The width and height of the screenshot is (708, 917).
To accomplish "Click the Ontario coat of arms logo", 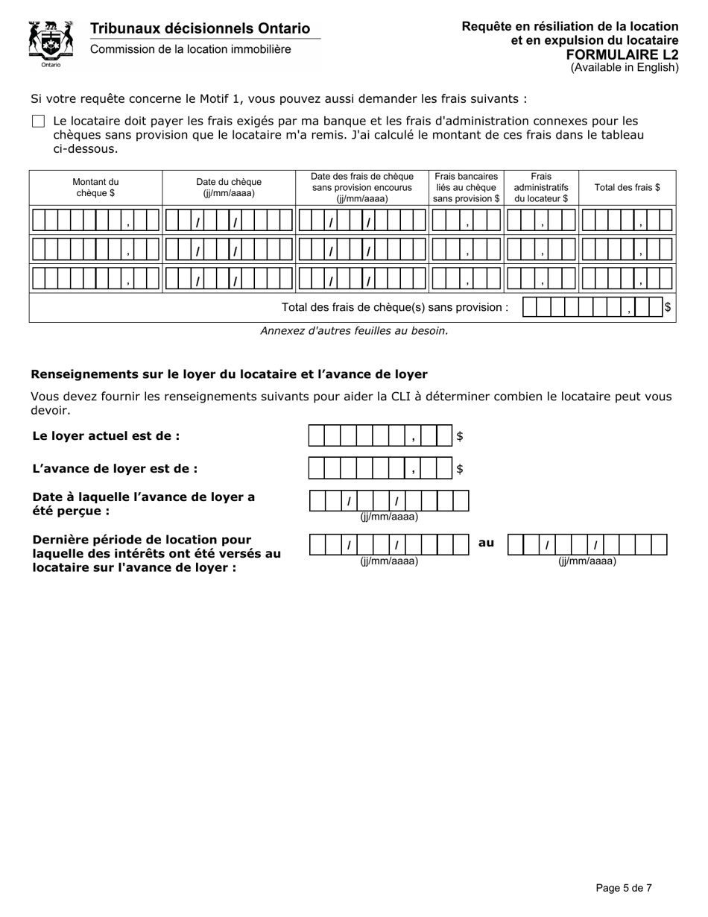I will coord(51,42).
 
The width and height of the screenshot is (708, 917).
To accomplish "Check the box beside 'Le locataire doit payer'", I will coord(39,122).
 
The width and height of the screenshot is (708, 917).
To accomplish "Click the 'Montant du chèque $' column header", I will coord(95,187).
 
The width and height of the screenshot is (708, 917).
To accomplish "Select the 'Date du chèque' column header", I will coord(229,187).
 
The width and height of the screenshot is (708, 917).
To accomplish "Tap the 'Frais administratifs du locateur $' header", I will coord(541,187).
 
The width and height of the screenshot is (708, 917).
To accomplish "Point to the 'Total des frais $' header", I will coord(627,187).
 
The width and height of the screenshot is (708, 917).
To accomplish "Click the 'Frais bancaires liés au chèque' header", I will coord(467,187).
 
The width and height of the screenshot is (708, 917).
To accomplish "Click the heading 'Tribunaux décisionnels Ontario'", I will coord(200,28).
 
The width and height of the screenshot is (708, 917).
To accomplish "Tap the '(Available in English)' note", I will coord(625,68).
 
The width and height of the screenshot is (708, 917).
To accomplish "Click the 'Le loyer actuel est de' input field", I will coord(380,435).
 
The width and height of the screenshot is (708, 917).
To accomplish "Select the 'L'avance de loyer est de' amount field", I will coord(380,468).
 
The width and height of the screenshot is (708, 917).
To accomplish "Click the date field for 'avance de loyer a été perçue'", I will coord(389,501).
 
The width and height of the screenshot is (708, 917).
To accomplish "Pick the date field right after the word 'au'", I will coord(587,545).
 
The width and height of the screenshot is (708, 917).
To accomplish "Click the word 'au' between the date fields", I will coord(486,543).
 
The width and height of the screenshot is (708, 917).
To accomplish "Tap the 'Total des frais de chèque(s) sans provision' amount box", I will coord(592,307).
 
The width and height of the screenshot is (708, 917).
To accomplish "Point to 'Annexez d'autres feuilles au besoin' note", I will coord(354,331).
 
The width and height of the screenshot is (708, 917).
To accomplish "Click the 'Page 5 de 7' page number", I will coord(624,887).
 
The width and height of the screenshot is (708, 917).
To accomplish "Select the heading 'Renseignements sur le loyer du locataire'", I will coord(229,374).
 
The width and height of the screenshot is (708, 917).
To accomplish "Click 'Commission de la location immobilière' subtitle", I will coord(191,49).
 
